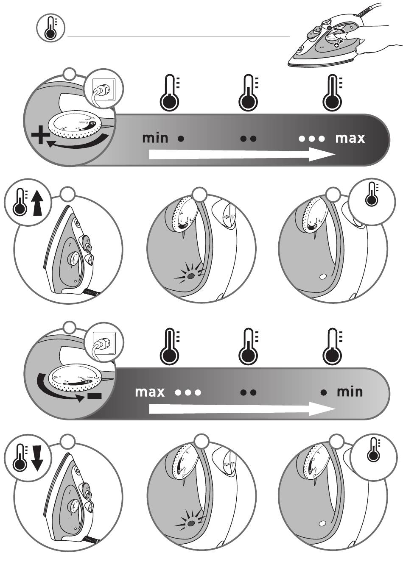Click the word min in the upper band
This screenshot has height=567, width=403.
pyautogui.click(x=155, y=138)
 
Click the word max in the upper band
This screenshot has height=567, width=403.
pyautogui.click(x=350, y=138)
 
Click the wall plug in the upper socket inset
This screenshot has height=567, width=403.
pyautogui.click(x=102, y=92)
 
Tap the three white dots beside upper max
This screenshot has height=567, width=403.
pyautogui.click(x=312, y=139)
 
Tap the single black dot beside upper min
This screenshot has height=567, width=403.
pyautogui.click(x=181, y=139)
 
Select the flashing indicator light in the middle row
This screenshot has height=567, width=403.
pyautogui.click(x=191, y=275)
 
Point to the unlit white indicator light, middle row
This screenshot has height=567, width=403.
pyautogui.click(x=323, y=277)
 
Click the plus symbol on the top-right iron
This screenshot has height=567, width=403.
pyautogui.click(x=336, y=45)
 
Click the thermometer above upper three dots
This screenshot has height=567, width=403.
pyautogui.click(x=332, y=92)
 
